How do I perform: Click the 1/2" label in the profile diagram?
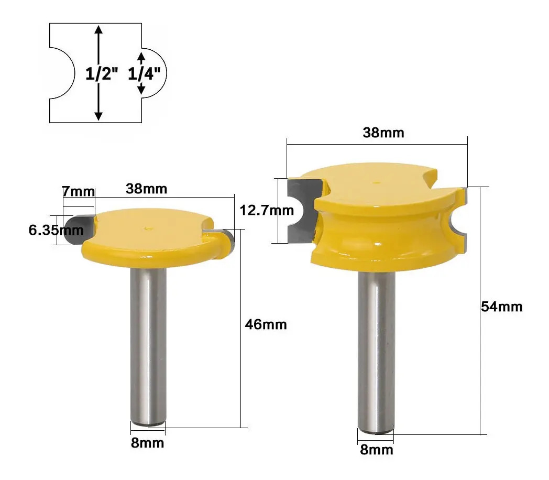click(102, 74)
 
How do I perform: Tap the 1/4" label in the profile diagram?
click(144, 74)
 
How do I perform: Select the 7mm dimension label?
click(79, 191)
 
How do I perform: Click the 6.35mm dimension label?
click(56, 230)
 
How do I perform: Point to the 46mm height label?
click(266, 324)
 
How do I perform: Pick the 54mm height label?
click(501, 307)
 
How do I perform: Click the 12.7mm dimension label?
click(267, 211)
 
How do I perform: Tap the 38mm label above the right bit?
click(383, 133)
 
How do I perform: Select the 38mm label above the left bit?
click(146, 189)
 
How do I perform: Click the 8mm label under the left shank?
click(147, 443)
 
